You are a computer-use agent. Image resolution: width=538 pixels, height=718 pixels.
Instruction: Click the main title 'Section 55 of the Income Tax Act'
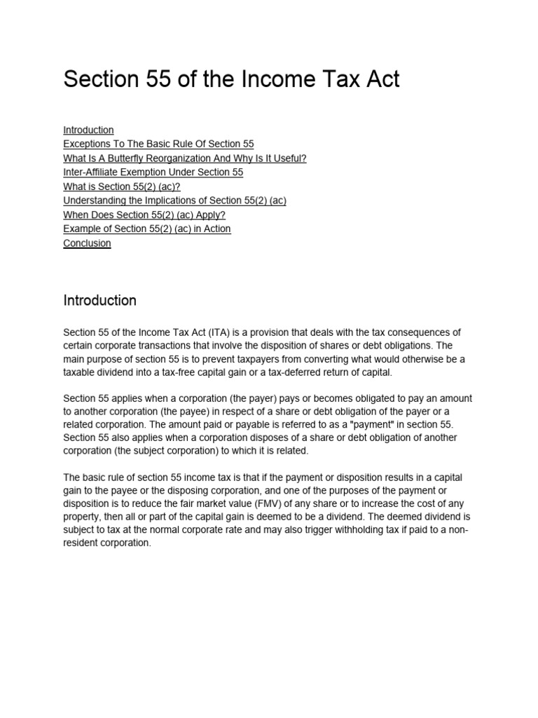point(231,79)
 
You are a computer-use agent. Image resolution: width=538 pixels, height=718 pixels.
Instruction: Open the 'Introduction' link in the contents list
point(88,130)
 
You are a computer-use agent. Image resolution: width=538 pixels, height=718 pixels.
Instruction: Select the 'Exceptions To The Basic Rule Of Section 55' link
point(158,144)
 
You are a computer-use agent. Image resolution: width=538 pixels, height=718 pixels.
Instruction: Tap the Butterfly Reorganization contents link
point(185,158)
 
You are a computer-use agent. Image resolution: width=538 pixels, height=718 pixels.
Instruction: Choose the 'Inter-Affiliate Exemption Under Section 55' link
point(153,172)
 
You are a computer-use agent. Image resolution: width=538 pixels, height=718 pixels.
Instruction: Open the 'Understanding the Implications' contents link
point(174,201)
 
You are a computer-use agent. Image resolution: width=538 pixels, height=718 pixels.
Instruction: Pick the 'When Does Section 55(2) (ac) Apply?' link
point(144,215)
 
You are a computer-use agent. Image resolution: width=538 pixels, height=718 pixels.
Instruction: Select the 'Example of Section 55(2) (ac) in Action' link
point(146,229)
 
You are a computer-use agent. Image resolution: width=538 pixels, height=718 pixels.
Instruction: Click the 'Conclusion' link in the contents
point(87,243)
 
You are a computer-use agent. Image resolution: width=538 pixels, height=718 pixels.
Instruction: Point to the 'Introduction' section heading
point(99,301)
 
